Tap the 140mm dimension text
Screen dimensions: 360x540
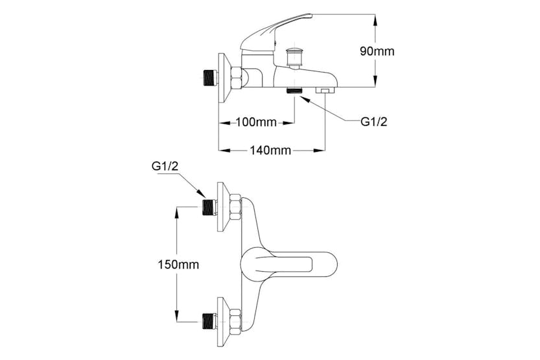coord(270,150)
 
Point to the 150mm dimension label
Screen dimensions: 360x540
coord(179,264)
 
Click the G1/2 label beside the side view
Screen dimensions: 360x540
coord(373,122)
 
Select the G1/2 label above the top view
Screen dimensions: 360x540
coord(165,167)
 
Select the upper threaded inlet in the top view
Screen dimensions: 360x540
coord(209,207)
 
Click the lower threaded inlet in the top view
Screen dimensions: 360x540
coord(209,319)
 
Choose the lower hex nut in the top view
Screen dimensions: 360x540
coord(235,319)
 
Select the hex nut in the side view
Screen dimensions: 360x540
coord(235,78)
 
